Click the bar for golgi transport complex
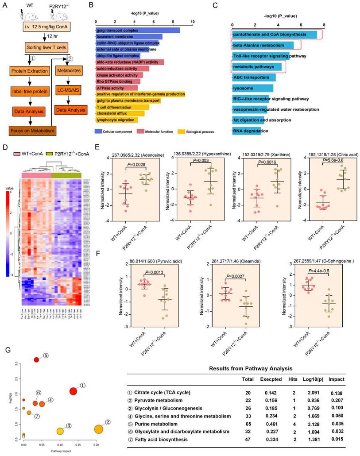click(137, 30)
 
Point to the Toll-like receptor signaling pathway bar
click(261, 56)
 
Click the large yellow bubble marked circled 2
click(98, 429)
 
